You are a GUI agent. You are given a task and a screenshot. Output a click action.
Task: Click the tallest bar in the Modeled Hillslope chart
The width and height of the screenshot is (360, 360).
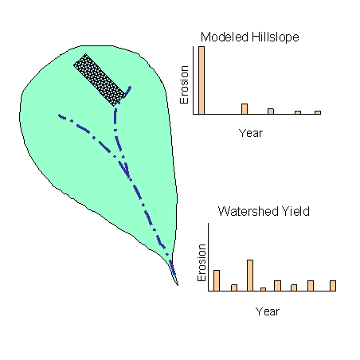202,80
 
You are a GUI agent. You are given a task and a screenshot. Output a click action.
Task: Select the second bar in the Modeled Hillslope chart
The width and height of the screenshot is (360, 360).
245,109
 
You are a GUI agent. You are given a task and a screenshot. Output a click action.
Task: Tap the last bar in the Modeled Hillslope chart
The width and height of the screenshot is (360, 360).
318,112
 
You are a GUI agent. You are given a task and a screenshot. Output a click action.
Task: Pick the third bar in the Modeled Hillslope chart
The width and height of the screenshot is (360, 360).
271,112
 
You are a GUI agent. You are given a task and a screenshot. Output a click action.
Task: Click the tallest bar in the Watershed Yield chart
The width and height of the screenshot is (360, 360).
250,276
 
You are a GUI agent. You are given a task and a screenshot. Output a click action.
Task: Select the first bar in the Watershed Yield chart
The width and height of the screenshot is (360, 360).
217,280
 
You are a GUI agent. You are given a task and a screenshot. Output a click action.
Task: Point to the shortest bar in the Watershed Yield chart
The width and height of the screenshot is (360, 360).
263,289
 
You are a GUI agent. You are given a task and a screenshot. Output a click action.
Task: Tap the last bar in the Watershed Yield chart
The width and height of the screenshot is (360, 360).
333,286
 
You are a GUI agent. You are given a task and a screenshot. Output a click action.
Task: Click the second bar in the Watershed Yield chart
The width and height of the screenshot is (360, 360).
234,288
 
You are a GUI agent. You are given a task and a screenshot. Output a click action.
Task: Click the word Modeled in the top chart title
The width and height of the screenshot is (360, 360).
225,37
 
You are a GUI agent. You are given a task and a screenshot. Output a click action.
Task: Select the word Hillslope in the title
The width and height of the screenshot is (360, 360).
275,37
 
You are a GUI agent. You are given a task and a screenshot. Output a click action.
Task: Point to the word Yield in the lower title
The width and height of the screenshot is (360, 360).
295,211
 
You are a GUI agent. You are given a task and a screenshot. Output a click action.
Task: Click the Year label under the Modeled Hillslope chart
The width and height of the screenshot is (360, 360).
251,133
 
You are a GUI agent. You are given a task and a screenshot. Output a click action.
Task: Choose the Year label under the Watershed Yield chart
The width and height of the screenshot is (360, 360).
268,311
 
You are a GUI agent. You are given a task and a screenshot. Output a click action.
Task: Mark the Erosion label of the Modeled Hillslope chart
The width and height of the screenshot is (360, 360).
184,84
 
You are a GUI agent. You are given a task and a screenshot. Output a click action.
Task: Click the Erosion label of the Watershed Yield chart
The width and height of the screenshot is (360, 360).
202,263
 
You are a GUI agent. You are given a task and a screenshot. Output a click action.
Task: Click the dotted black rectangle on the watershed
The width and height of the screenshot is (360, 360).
100,80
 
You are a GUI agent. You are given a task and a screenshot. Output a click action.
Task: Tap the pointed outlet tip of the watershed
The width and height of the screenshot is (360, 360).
178,285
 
